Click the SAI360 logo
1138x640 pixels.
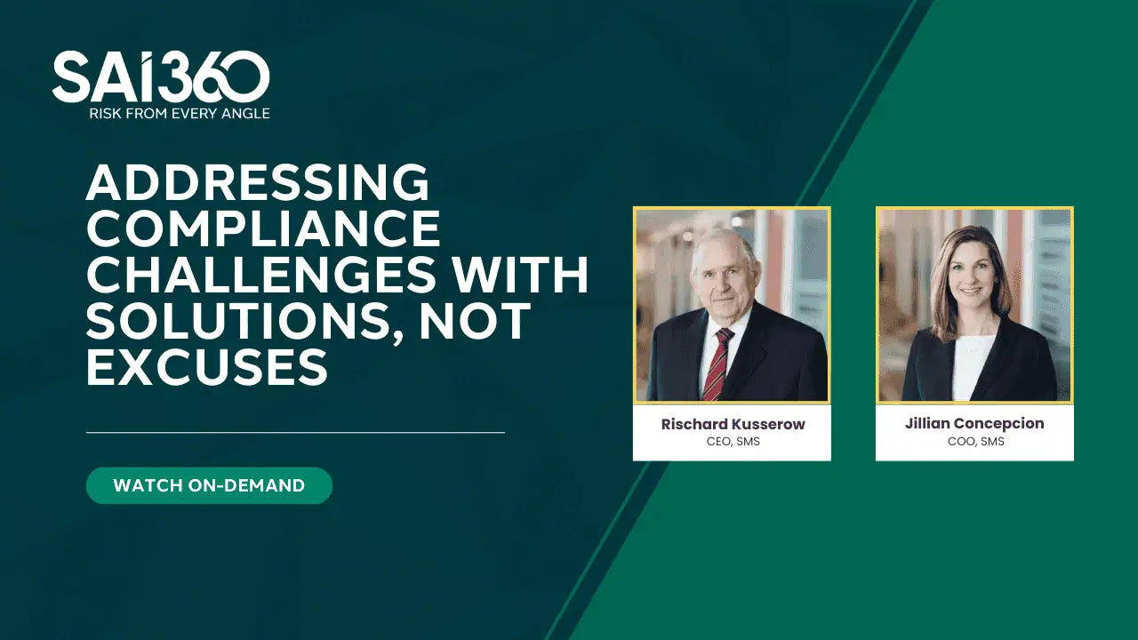coord(160,77)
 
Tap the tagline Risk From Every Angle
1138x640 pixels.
coord(179,114)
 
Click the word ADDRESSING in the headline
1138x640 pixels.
coord(258,184)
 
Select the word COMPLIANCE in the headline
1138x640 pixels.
coord(263,229)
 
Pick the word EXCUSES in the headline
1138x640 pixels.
coord(207,367)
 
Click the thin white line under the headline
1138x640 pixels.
coord(295,433)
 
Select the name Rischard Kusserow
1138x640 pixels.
coord(733,424)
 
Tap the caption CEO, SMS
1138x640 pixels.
coord(733,442)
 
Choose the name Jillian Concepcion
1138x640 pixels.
coord(974,423)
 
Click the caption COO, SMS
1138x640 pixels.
coord(975,442)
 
